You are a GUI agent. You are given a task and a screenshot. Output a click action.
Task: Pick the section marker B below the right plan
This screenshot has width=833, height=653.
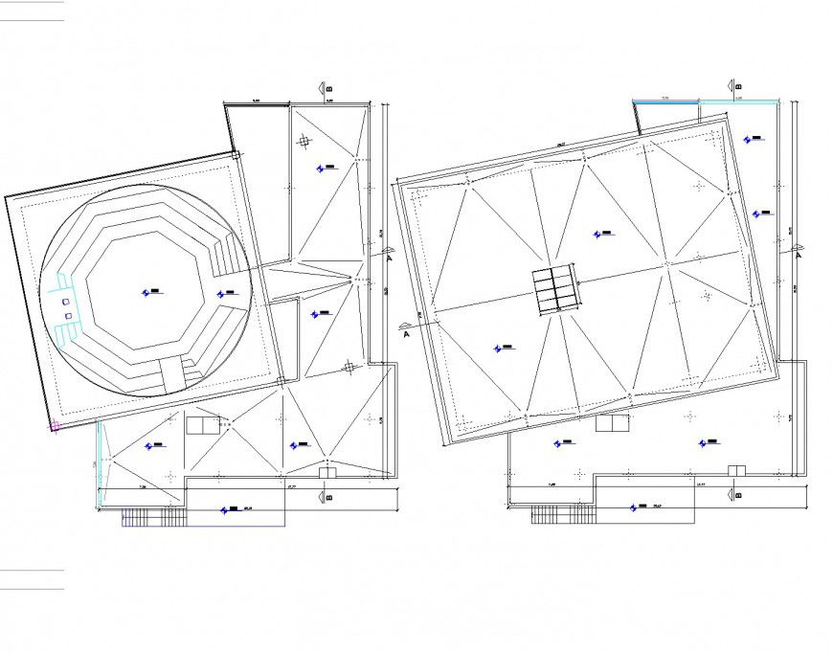pyautogui.click(x=736, y=495)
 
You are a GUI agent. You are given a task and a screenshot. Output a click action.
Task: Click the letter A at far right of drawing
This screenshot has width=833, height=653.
pyautogui.click(x=799, y=254)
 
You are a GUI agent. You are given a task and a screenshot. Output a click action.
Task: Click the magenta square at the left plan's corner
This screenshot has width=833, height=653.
pyautogui.click(x=54, y=427)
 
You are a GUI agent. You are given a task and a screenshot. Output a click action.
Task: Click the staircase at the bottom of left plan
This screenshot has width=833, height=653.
pyautogui.click(x=153, y=518)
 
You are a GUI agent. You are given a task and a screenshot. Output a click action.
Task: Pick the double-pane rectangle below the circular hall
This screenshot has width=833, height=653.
pyautogui.click(x=202, y=425)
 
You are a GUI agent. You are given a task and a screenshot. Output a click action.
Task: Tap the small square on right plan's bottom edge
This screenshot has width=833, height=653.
pyautogui.click(x=736, y=469)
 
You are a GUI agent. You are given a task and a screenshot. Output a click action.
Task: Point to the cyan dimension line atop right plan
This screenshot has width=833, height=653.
pyautogui.click(x=707, y=100)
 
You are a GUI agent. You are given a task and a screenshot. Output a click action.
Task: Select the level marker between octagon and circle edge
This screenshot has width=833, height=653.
pyautogui.click(x=224, y=293)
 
